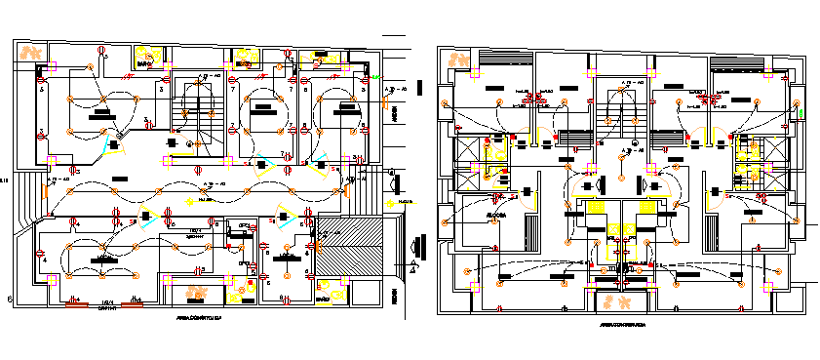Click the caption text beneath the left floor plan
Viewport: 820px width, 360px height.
[200, 318]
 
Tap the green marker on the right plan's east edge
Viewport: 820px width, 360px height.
[801, 113]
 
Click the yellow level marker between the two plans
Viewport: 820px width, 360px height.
[394, 204]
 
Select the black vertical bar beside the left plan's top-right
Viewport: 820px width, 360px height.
[421, 87]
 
